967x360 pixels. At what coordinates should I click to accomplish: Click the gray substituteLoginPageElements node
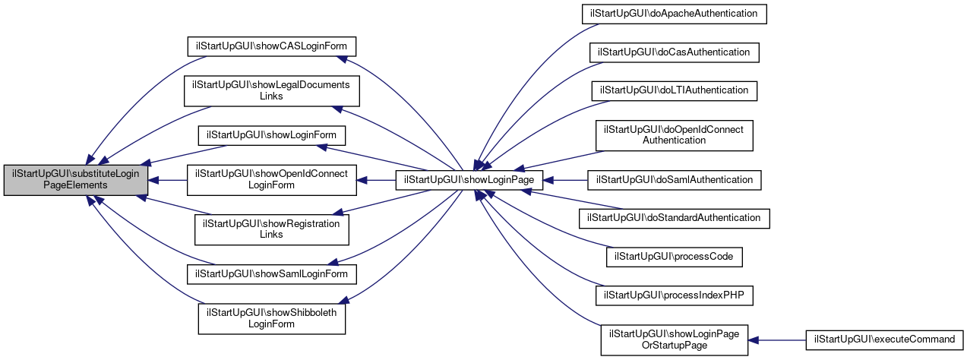tap(75, 180)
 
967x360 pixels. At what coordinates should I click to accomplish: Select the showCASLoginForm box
tap(273, 46)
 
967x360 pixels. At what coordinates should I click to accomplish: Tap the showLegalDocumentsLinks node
tap(271, 90)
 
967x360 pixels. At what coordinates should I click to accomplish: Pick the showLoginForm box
tap(272, 135)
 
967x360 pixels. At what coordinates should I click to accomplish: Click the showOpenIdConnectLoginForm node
tap(272, 180)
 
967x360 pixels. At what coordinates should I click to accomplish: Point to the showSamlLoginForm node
tap(272, 273)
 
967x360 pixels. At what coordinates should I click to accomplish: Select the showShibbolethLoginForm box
tap(272, 318)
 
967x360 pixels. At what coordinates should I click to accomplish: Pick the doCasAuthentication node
tap(674, 52)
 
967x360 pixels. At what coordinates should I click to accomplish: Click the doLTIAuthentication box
tap(674, 90)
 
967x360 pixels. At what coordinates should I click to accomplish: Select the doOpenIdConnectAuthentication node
tap(674, 134)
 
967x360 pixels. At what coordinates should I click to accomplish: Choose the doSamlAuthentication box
tap(674, 180)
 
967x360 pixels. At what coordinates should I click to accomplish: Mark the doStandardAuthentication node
tap(674, 218)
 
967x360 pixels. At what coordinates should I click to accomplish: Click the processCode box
tap(674, 257)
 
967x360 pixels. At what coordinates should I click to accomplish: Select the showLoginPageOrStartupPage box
tap(675, 339)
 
